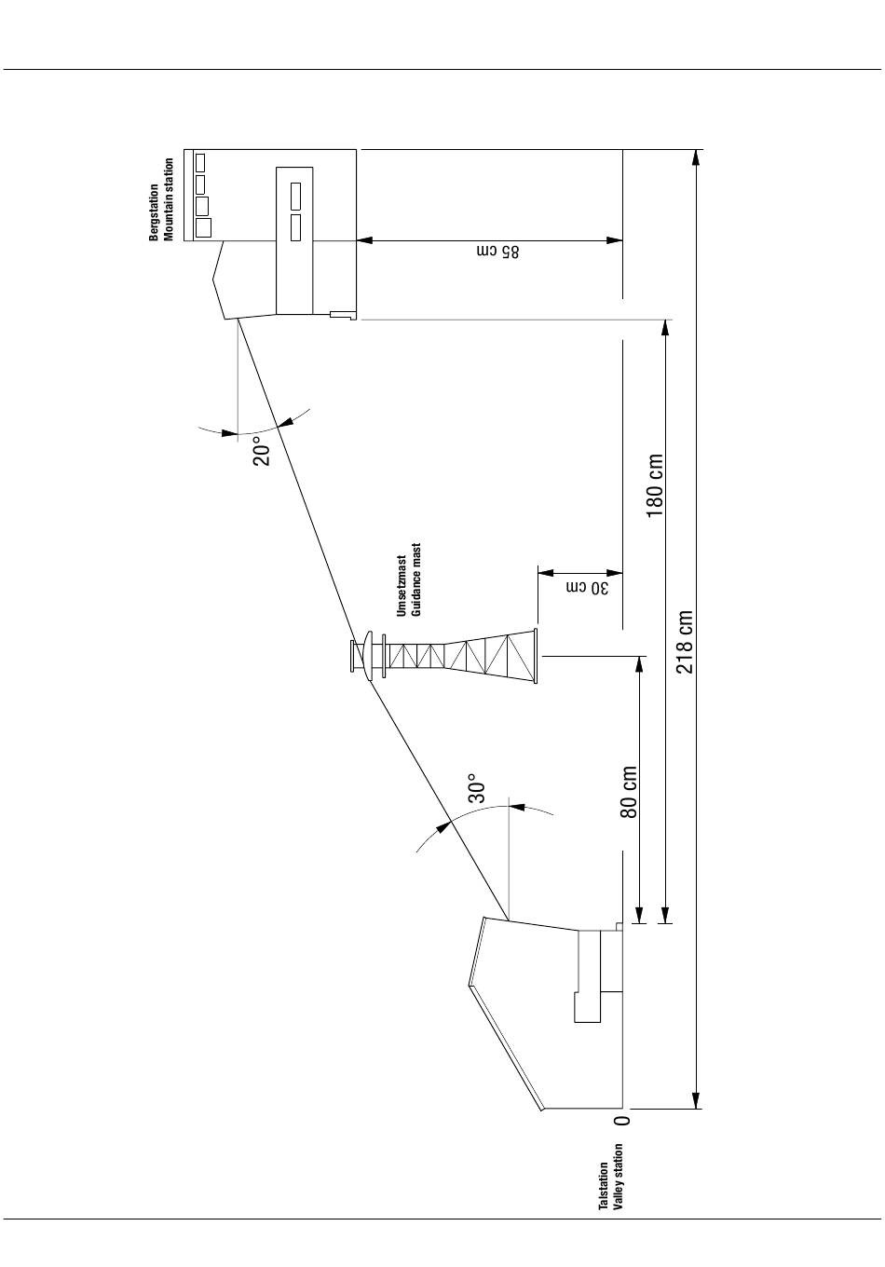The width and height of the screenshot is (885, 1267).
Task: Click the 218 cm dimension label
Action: tap(685, 641)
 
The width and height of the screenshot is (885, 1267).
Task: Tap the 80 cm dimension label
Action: tap(629, 792)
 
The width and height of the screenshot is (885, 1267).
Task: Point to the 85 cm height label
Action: tap(497, 252)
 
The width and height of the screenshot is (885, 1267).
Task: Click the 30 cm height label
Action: tap(588, 588)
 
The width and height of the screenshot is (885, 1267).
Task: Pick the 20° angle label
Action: tap(262, 451)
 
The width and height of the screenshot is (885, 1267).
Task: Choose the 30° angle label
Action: tap(477, 788)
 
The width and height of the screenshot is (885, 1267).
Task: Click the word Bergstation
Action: tap(154, 212)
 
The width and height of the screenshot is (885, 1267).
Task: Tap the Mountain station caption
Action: tap(170, 199)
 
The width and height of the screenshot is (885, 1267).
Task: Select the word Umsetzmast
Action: tap(402, 586)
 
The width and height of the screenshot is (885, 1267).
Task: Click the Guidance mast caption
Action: tap(416, 579)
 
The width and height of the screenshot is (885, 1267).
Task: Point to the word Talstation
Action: tap(604, 1186)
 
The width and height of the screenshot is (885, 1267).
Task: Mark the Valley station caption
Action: tap(619, 1177)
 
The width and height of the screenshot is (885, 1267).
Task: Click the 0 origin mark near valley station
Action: tap(622, 1120)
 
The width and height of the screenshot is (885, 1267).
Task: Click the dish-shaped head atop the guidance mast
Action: tap(369, 656)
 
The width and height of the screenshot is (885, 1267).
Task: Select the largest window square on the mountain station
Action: tap(203, 227)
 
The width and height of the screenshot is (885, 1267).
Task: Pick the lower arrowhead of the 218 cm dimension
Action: tap(696, 1099)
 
